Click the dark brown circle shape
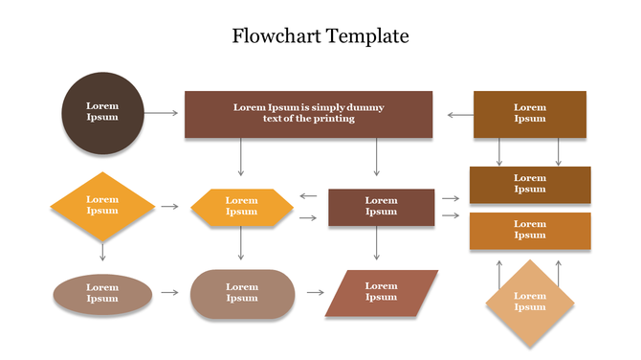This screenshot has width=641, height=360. (x=102, y=113)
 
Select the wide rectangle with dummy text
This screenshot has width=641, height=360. (x=308, y=114)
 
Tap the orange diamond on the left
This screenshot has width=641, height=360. (x=102, y=206)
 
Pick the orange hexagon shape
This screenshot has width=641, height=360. (x=242, y=207)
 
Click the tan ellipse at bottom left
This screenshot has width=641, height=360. (x=102, y=294)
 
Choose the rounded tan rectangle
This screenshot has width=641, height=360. (x=242, y=294)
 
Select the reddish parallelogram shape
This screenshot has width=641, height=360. (x=381, y=293)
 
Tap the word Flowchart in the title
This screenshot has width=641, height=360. (x=276, y=36)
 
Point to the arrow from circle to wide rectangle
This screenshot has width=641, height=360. (x=164, y=113)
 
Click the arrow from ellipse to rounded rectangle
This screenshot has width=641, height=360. (x=169, y=293)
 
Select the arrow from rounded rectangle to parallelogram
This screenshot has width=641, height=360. (x=315, y=293)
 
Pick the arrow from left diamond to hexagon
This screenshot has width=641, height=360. (x=169, y=206)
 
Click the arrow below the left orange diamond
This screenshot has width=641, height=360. (x=102, y=250)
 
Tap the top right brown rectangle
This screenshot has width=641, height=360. (x=530, y=114)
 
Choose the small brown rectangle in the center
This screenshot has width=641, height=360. (x=381, y=207)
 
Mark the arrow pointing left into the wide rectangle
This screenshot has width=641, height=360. (x=460, y=115)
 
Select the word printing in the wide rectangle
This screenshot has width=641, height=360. (x=333, y=119)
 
